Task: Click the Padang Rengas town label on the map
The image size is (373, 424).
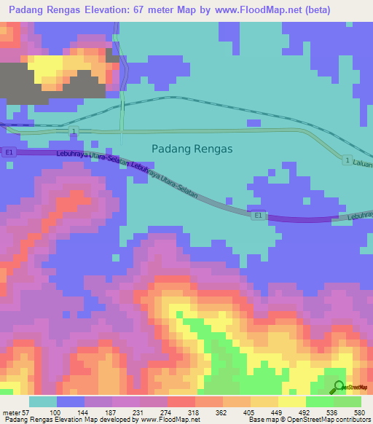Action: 192,148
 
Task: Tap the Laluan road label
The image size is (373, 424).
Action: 362,165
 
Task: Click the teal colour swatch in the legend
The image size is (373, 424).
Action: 43,402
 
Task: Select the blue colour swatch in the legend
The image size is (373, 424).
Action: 71,402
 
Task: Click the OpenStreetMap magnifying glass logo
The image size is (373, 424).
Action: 339,388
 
